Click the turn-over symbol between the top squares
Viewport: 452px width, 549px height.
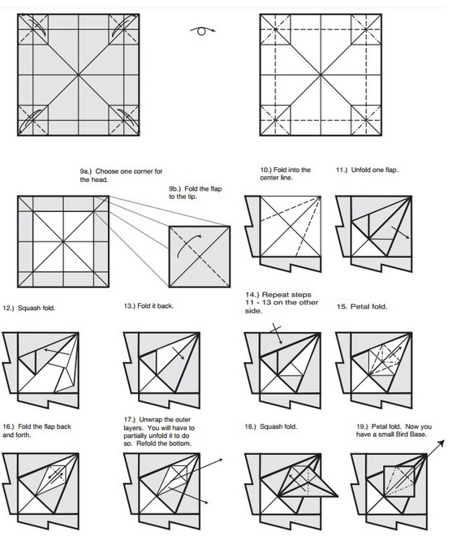click(203, 31)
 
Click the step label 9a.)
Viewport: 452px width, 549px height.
click(85, 171)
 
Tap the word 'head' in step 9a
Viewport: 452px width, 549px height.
click(101, 179)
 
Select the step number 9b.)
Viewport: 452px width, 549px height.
click(174, 188)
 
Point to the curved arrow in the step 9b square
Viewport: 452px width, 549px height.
click(188, 244)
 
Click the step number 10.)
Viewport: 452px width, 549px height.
click(266, 170)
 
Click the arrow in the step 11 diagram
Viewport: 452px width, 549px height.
click(400, 232)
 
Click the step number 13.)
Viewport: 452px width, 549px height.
click(130, 306)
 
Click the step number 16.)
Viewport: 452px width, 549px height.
click(8, 426)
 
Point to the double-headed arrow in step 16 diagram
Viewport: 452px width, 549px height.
click(56, 475)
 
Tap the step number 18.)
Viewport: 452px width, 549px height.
click(251, 426)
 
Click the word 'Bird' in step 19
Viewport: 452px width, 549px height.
click(409, 434)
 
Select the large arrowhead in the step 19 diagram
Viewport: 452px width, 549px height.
click(441, 443)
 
